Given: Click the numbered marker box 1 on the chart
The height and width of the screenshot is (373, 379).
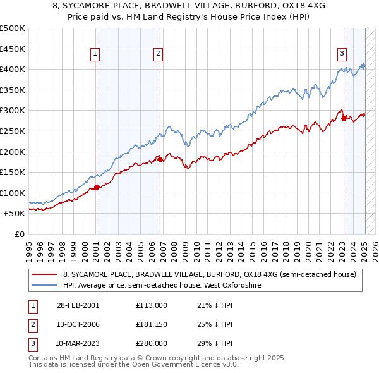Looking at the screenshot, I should pyautogui.click(x=95, y=54).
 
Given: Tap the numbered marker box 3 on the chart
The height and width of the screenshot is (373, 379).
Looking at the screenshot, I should pyautogui.click(x=341, y=54).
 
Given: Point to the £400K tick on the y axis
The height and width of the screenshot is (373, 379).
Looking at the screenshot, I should pyautogui.click(x=13, y=70).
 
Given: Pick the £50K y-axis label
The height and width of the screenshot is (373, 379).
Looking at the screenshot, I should pyautogui.click(x=16, y=214).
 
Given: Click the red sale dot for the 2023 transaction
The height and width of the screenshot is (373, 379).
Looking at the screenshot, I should pyautogui.click(x=344, y=118).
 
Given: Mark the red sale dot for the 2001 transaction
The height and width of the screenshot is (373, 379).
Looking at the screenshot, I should pyautogui.click(x=97, y=187).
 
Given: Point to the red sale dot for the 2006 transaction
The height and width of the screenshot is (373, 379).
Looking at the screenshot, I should pyautogui.click(x=160, y=159).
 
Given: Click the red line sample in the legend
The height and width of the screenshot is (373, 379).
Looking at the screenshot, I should pyautogui.click(x=45, y=274).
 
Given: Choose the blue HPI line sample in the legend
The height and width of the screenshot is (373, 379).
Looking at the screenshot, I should pyautogui.click(x=45, y=285).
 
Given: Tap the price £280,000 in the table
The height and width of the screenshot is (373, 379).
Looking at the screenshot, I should pyautogui.click(x=151, y=343).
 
